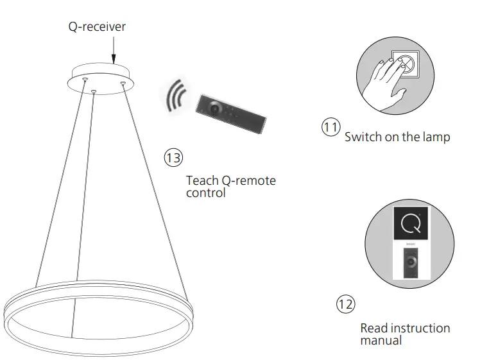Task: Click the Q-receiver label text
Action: click(98, 27)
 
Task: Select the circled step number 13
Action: click(173, 157)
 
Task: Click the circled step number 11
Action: click(330, 127)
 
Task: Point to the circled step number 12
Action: click(345, 304)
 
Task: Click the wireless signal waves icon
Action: click(175, 97)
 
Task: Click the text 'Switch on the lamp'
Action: click(397, 137)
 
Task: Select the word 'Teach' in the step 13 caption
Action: click(201, 180)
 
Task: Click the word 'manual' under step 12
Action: click(381, 341)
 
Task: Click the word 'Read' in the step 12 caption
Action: click(374, 328)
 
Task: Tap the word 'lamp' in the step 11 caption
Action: click(436, 137)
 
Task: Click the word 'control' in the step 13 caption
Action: click(206, 193)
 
